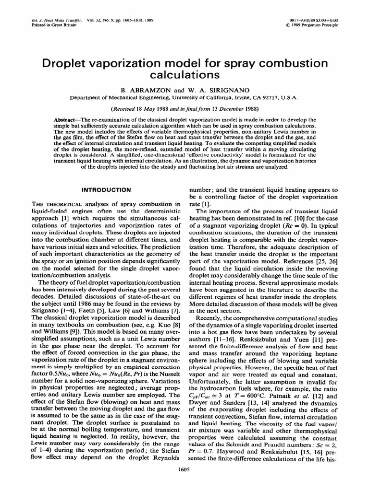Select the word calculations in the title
click(185, 75)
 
